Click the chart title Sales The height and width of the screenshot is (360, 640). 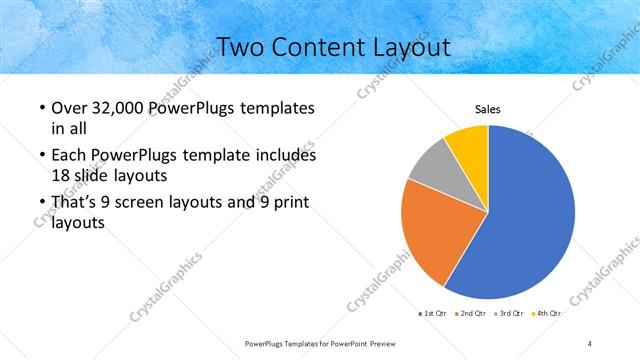(x=487, y=109)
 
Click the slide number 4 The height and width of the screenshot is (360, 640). (x=590, y=343)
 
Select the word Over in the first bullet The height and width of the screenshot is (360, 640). (x=66, y=108)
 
